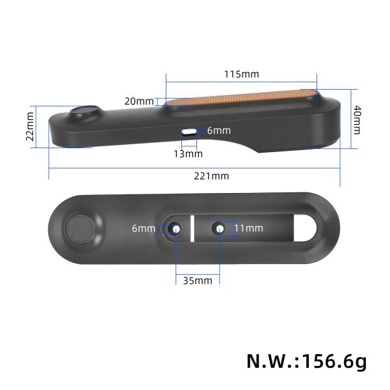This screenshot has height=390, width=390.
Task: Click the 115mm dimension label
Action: (241, 74)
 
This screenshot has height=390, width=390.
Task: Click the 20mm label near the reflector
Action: (139, 101)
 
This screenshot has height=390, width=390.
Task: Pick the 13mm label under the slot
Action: (188, 154)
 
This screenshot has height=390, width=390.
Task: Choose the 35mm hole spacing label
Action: (198, 281)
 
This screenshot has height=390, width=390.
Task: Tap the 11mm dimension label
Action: (248, 228)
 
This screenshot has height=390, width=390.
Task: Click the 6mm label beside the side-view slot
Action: (218, 131)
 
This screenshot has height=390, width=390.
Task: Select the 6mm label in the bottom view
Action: (143, 228)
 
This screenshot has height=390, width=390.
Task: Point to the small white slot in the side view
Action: (189, 131)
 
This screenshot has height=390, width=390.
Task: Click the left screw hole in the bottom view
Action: (175, 229)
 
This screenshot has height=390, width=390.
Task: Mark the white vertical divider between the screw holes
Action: (193, 229)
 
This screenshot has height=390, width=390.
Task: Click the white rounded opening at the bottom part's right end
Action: (306, 229)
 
